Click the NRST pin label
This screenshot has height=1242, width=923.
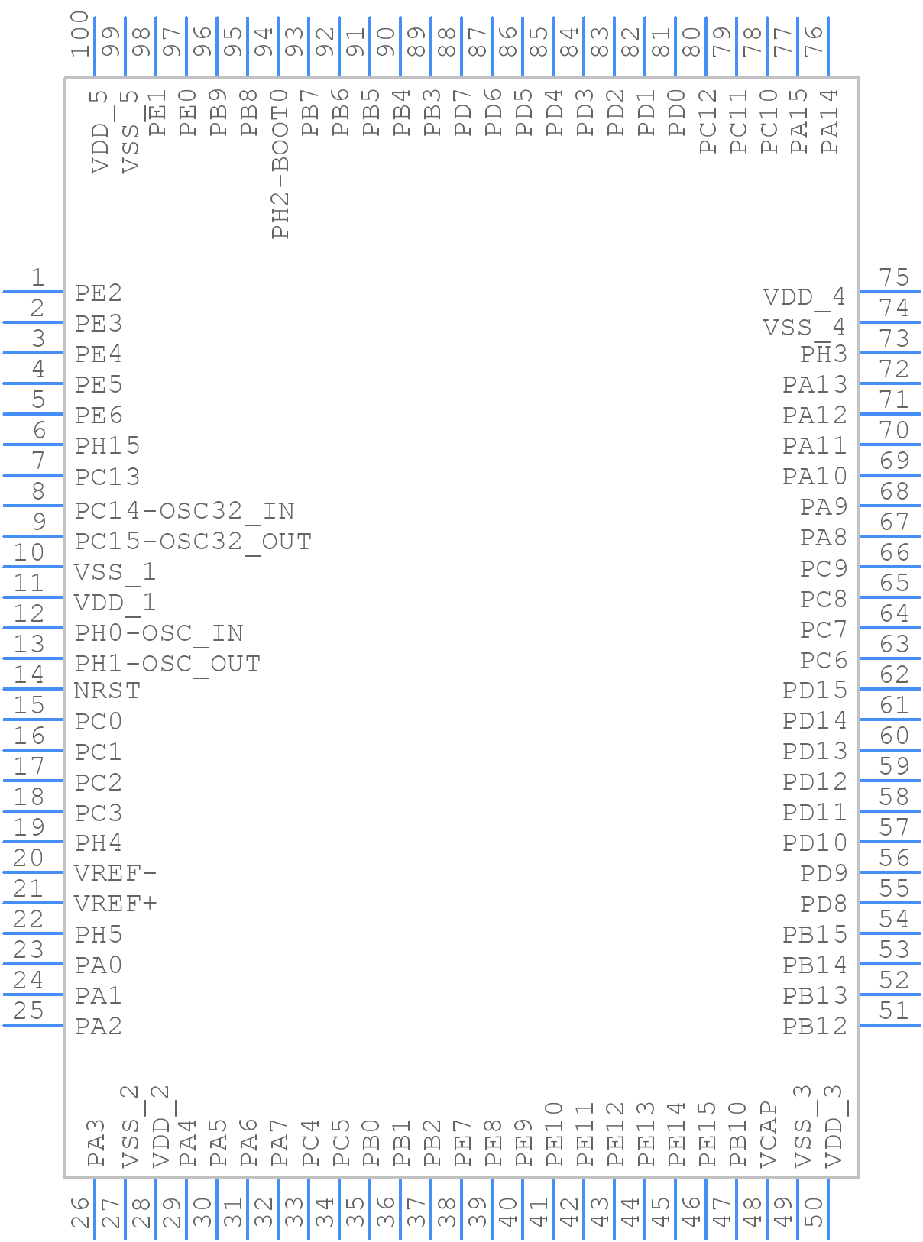[107, 691]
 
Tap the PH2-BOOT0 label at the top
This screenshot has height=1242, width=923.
[280, 164]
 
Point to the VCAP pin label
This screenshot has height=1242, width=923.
[769, 1134]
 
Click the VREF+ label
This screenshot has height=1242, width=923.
[115, 904]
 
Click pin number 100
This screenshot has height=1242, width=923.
[80, 34]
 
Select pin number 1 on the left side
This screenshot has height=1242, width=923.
[37, 277]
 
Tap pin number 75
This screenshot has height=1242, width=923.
[893, 277]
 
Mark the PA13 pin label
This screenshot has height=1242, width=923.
[815, 385]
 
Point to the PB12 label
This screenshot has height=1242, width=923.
[815, 1027]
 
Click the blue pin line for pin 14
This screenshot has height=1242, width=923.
[33, 689]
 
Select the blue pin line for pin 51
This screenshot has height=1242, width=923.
[890, 1025]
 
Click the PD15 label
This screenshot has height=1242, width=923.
[815, 691]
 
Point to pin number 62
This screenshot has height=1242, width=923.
[893, 674]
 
